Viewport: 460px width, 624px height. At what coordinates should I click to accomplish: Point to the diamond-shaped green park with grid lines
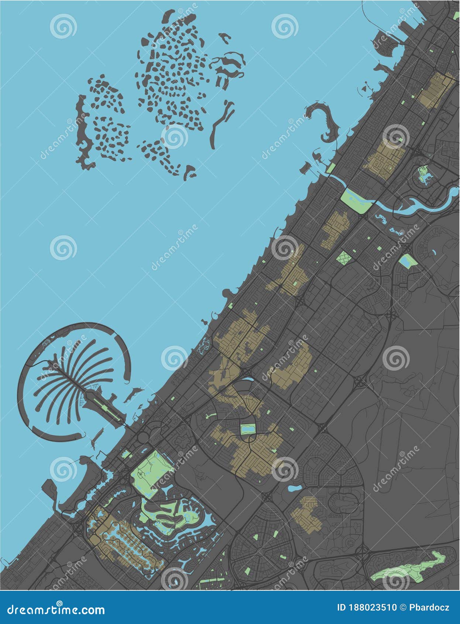(344, 258)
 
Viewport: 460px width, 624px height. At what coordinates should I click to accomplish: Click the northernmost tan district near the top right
(436, 90)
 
